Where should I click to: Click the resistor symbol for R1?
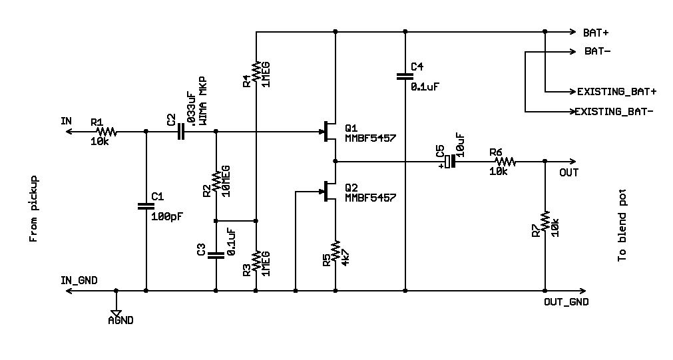tap(106, 131)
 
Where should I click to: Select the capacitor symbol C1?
tap(146, 206)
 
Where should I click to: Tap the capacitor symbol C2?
tap(180, 131)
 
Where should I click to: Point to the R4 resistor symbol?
tap(256, 72)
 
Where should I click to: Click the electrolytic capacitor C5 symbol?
tap(449, 161)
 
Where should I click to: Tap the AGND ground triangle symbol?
tap(116, 313)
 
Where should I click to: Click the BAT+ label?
tap(596, 33)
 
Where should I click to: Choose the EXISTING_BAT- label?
tap(614, 112)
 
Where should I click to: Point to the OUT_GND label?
tap(566, 301)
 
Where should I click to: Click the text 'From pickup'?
tap(34, 208)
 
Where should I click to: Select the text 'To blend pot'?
tap(622, 226)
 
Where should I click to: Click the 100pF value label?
tap(167, 216)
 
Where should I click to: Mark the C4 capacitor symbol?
tap(405, 77)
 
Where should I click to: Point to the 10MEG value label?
tap(226, 181)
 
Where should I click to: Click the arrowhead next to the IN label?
tap(69, 131)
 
